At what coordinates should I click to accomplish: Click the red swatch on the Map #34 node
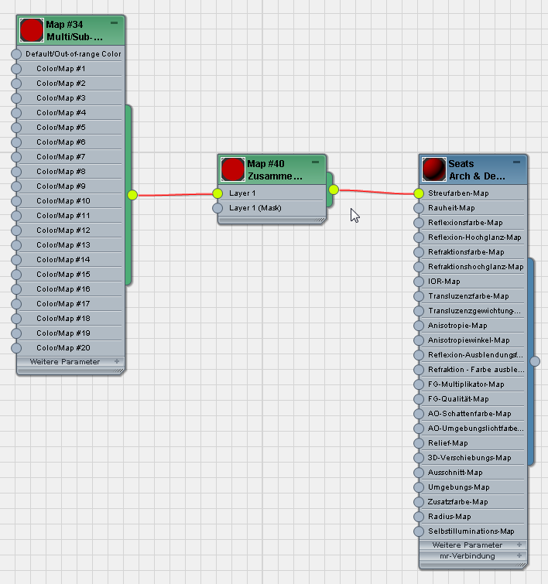coord(31,30)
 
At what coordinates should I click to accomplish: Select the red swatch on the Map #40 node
coord(233,169)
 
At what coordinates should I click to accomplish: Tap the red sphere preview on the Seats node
coord(434,169)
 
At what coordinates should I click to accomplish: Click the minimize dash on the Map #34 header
coord(114,23)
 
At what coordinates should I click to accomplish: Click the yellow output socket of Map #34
coord(132,195)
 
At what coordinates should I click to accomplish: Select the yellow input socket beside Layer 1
coord(217,193)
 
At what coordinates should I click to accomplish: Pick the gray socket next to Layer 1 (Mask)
coord(217,208)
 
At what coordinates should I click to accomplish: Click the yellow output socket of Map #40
coord(334,190)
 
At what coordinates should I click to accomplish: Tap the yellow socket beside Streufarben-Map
coord(419,193)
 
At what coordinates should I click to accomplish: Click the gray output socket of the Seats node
coord(535,361)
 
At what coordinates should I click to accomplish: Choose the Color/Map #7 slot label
coord(61,157)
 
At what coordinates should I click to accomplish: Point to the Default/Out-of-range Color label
coord(74,54)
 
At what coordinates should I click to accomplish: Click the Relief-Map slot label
coord(447,443)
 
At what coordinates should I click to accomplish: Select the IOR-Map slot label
coord(444,282)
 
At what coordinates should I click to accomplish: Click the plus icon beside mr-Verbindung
coord(519,555)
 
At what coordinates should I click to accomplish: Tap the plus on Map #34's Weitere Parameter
coord(117,361)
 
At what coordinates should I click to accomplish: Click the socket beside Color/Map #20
coord(16,348)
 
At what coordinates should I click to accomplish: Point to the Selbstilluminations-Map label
coord(471,531)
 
